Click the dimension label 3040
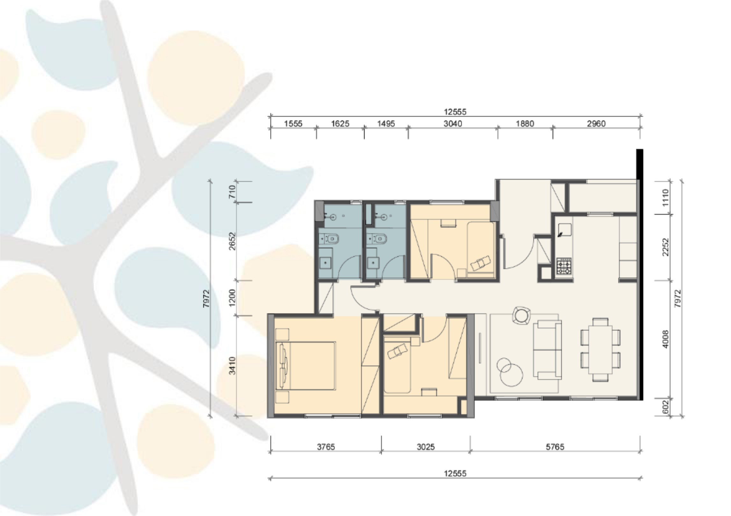452,124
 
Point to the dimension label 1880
525,124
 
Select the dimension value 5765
555,447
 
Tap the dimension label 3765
326,447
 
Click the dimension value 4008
665,339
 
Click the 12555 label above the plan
455,112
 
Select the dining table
600,349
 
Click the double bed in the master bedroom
306,366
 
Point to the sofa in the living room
547,350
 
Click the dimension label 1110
665,197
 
